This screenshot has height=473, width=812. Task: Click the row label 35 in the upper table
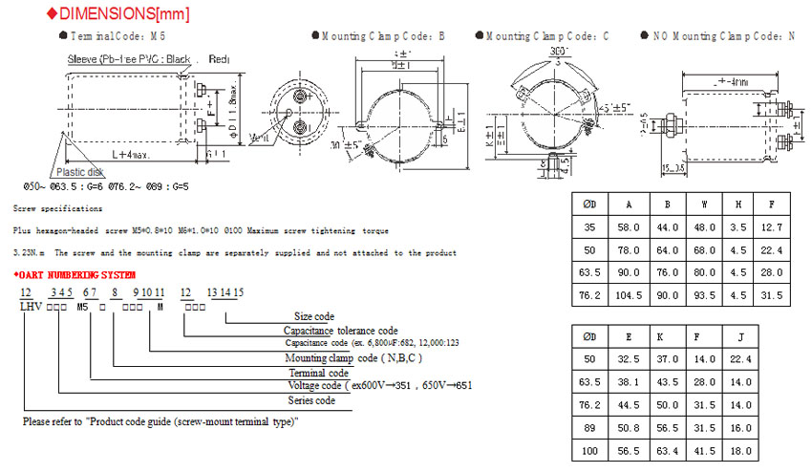click(x=590, y=227)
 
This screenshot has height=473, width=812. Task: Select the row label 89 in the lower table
click(x=590, y=428)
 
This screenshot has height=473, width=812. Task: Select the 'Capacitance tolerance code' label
click(x=340, y=330)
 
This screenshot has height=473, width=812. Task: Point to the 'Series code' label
click(x=311, y=400)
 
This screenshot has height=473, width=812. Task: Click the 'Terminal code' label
click(x=318, y=372)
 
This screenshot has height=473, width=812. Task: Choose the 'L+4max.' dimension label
click(x=127, y=154)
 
